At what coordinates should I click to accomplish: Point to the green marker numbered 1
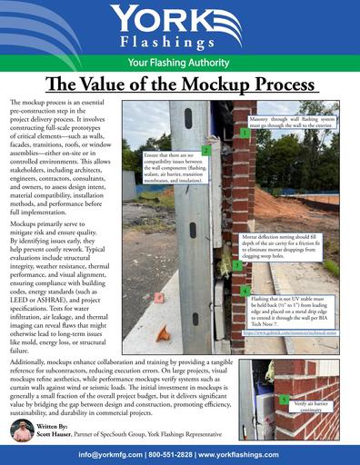pyautogui.click(x=245, y=133)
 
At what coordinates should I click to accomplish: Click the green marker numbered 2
pyautogui.click(x=206, y=151)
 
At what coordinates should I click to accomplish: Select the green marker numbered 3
pyautogui.click(x=235, y=265)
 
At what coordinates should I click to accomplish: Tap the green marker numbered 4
pyautogui.click(x=246, y=292)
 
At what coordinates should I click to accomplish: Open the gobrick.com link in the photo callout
pyautogui.click(x=295, y=333)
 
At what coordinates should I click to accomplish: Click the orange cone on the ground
pyautogui.click(x=163, y=333)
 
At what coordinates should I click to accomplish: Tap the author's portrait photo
pyautogui.click(x=24, y=430)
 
